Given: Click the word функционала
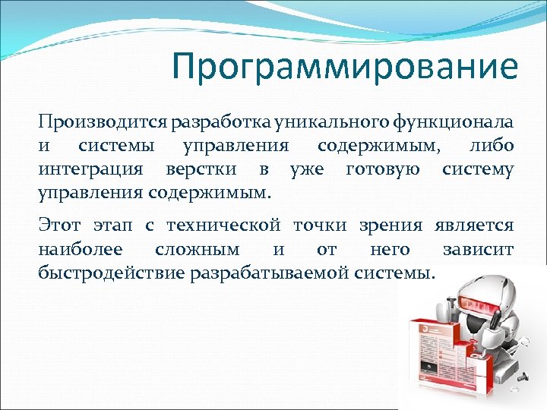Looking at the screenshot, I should point(454,121).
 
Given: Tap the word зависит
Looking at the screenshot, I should point(477,249).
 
